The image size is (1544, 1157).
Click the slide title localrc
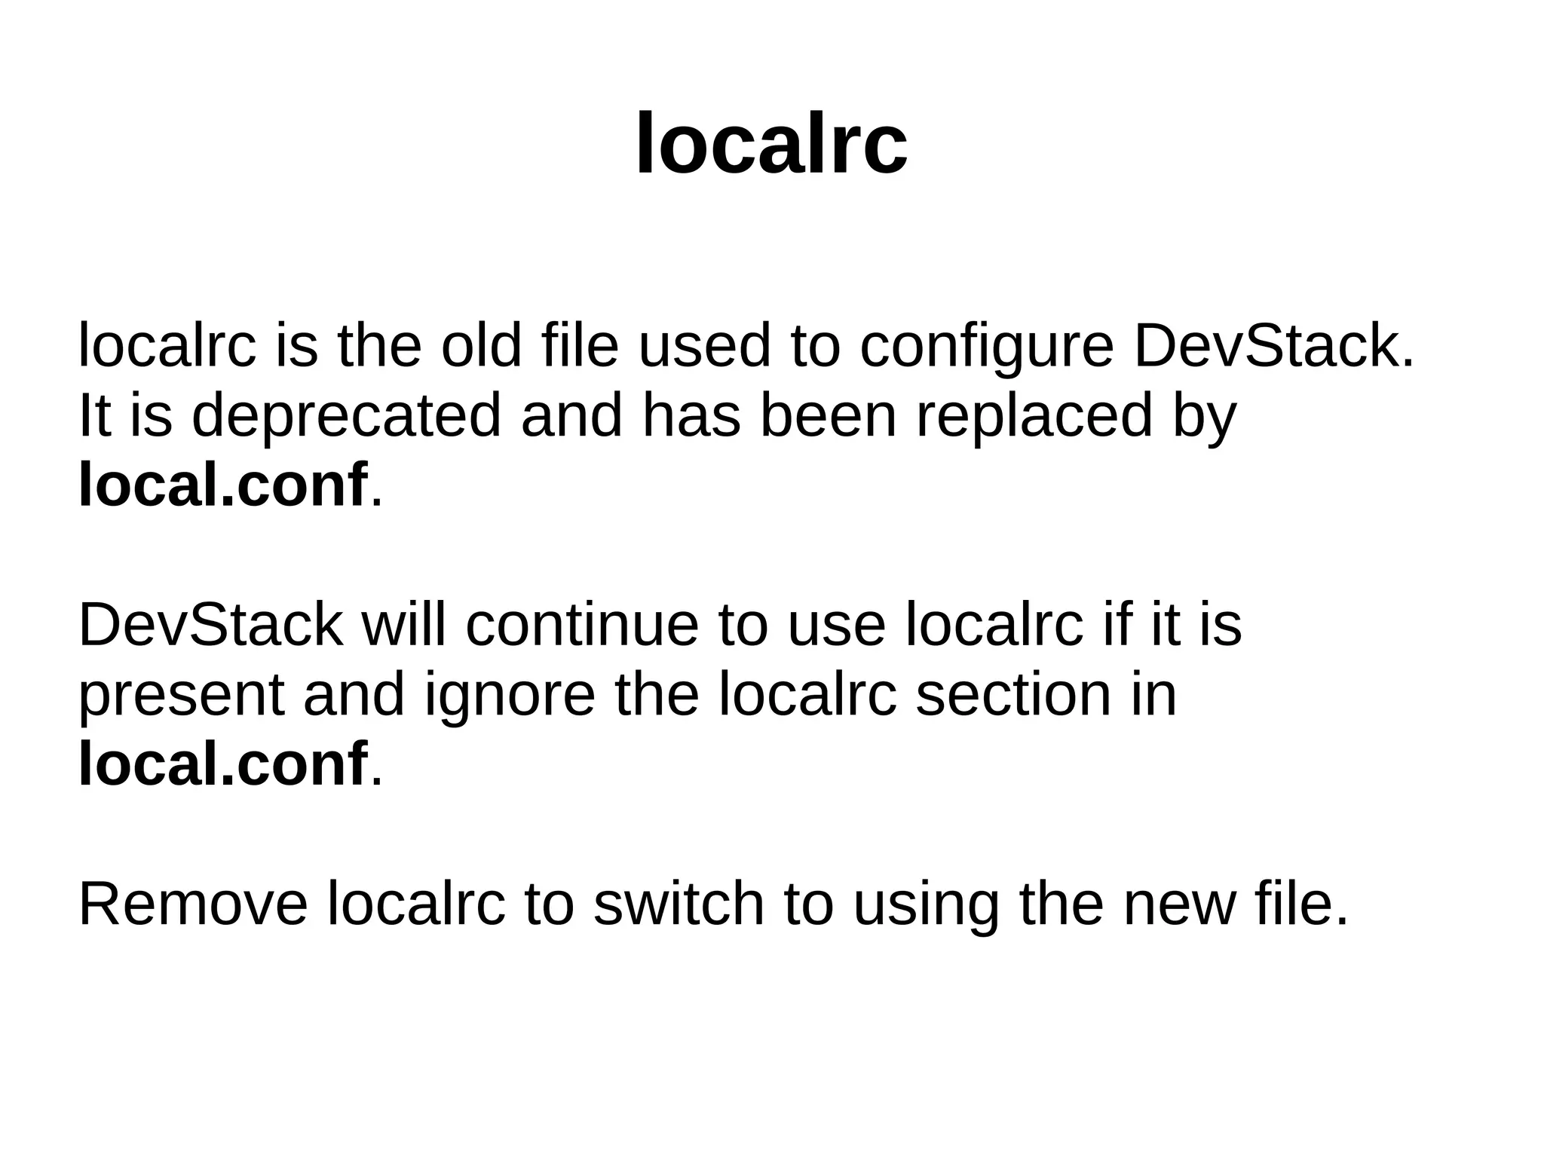point(771,143)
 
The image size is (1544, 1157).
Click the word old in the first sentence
point(481,346)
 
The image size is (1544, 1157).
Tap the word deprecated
point(346,417)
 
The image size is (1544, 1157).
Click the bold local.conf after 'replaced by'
point(223,485)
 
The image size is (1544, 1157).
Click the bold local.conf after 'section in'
point(223,764)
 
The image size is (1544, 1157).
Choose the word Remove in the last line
point(193,904)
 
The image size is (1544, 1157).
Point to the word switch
point(679,904)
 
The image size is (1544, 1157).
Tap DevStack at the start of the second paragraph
point(210,625)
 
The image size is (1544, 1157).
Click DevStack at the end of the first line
point(1273,346)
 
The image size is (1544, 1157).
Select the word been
point(828,415)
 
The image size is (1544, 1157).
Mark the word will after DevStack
point(404,625)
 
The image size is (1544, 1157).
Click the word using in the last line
point(926,905)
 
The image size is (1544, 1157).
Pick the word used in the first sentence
point(704,346)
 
